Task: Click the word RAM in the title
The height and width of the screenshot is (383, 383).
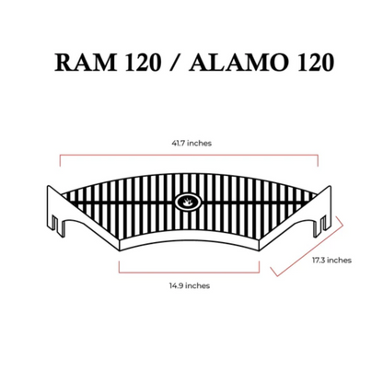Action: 86,63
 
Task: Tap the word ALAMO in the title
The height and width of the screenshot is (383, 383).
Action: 239,63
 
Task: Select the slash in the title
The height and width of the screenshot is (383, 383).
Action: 175,63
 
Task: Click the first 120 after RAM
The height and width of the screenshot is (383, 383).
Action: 143,63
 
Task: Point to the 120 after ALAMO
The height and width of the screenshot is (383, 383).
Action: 316,63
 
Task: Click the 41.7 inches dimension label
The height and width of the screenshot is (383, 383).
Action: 191,144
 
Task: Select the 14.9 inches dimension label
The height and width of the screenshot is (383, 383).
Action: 190,285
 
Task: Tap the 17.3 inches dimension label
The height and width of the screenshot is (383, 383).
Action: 331,261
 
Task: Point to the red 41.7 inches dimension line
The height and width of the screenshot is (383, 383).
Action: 189,156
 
